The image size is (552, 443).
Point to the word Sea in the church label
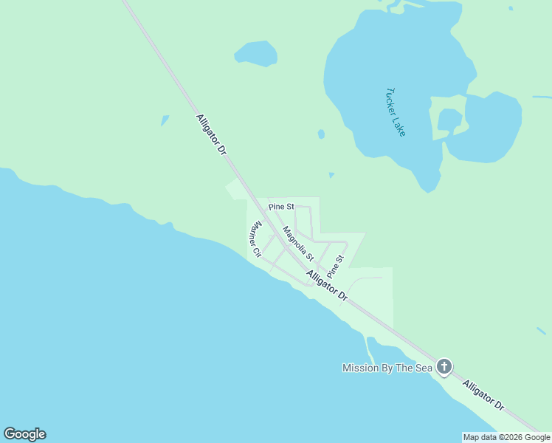tap(421, 368)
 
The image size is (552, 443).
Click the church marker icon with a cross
tap(444, 366)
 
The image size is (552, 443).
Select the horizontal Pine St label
tap(281, 206)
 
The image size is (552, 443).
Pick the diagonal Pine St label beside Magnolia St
tap(336, 266)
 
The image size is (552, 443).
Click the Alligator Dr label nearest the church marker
tap(484, 396)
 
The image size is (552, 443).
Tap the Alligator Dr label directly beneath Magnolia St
tap(328, 286)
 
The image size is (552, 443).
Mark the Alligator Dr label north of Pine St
tap(211, 134)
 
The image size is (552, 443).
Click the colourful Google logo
tap(24, 434)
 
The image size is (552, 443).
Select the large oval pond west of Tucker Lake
tap(256, 53)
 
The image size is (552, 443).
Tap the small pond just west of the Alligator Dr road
tap(165, 120)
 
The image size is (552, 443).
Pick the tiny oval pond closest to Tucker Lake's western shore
tap(321, 134)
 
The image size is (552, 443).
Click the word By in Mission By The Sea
tap(387, 368)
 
